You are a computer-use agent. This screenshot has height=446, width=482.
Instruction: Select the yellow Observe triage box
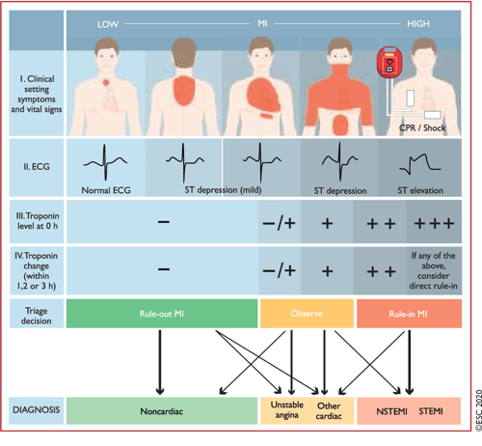click(307, 314)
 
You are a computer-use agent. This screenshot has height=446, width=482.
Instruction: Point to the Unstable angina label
click(281, 412)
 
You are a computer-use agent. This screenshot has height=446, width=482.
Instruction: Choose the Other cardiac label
click(328, 412)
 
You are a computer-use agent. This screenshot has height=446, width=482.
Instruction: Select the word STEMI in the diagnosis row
click(429, 412)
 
